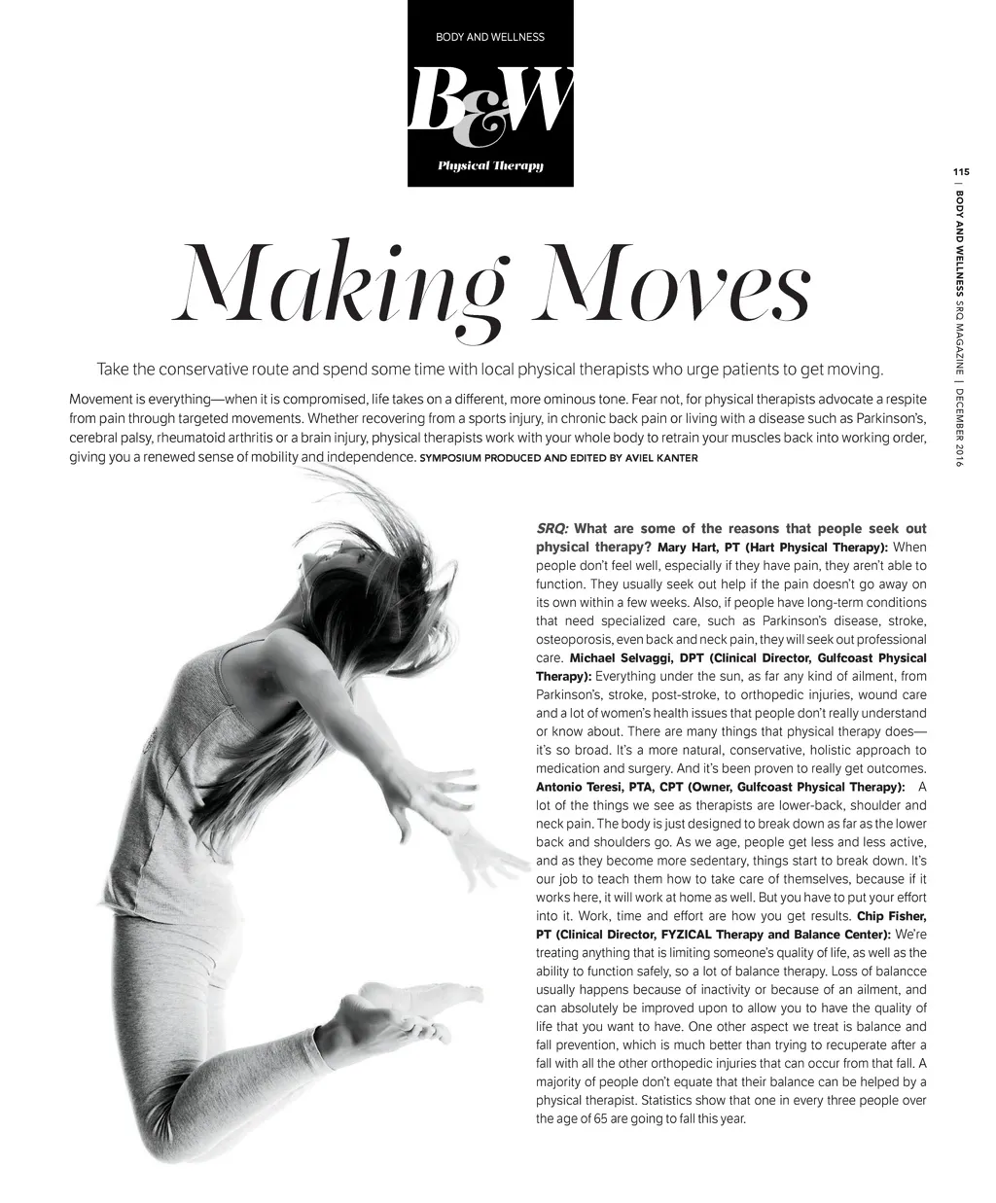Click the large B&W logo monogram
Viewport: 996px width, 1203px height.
[x=490, y=105]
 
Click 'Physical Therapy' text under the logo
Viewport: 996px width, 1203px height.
[x=490, y=165]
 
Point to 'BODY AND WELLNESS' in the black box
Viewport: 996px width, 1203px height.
[x=490, y=38]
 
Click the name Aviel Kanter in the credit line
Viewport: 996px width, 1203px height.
[x=661, y=458]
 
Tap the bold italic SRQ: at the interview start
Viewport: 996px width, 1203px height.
[x=552, y=529]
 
